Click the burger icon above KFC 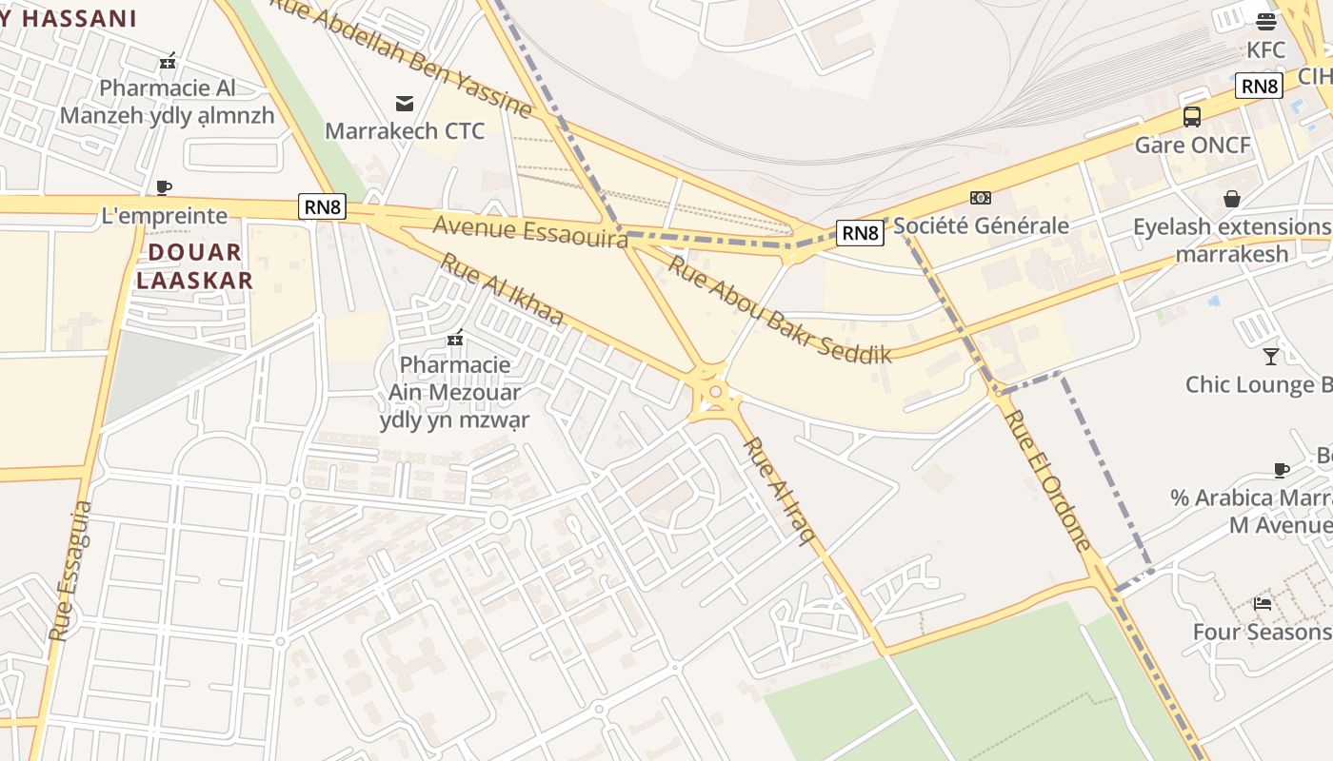click(x=1265, y=22)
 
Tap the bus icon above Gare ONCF click(x=1191, y=117)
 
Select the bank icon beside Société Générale click(x=980, y=198)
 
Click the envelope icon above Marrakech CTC click(x=405, y=103)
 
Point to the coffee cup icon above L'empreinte click(x=164, y=187)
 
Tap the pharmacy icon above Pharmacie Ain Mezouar click(x=455, y=338)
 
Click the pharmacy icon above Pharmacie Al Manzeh click(x=168, y=61)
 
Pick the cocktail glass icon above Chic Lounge click(x=1270, y=357)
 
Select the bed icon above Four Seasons click(x=1263, y=603)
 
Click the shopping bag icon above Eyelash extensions click(x=1232, y=199)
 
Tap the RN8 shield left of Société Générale click(x=860, y=232)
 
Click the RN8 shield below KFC click(x=1259, y=87)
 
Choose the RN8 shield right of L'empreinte click(x=321, y=206)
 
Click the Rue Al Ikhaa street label click(x=502, y=289)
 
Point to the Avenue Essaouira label click(x=530, y=231)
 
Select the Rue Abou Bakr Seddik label click(x=778, y=308)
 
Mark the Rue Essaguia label click(x=70, y=571)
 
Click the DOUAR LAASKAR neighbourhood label click(x=194, y=266)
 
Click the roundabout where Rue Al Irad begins click(x=713, y=391)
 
